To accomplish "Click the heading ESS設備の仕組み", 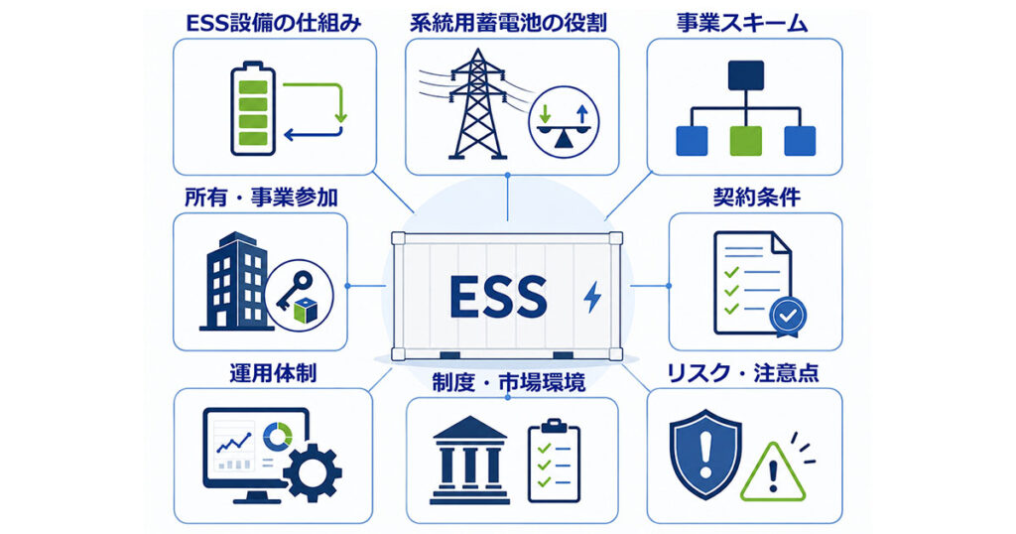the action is pos(274,24).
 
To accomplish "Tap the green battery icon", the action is pos(253,108).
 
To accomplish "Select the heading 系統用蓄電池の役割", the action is pos(509,24).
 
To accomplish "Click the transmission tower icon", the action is pos(477,103).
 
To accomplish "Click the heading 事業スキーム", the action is pos(742,24).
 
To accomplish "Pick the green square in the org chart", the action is pos(746,141).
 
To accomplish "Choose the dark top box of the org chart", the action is pos(746,75).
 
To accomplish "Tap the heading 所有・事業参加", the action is pos(261,198).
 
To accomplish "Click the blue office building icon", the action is pos(234,282).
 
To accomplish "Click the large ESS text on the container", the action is pos(498,297).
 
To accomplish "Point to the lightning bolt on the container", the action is pos(592,297).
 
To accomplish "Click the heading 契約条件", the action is pos(757,198).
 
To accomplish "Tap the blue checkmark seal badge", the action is pos(788,318).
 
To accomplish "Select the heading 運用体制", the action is pos(273,374).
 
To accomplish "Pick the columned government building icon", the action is pos(469,460).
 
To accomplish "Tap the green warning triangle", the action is pos(773,471).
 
